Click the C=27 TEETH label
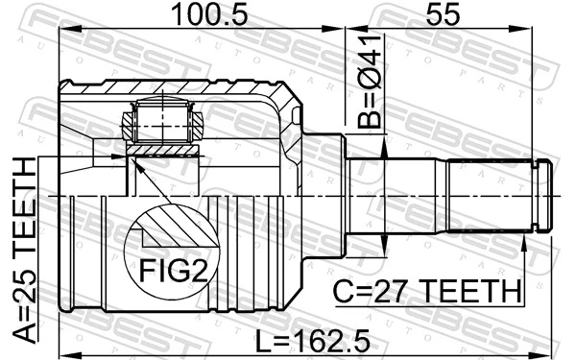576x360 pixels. click(428, 288)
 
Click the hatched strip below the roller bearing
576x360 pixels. click(163, 151)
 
